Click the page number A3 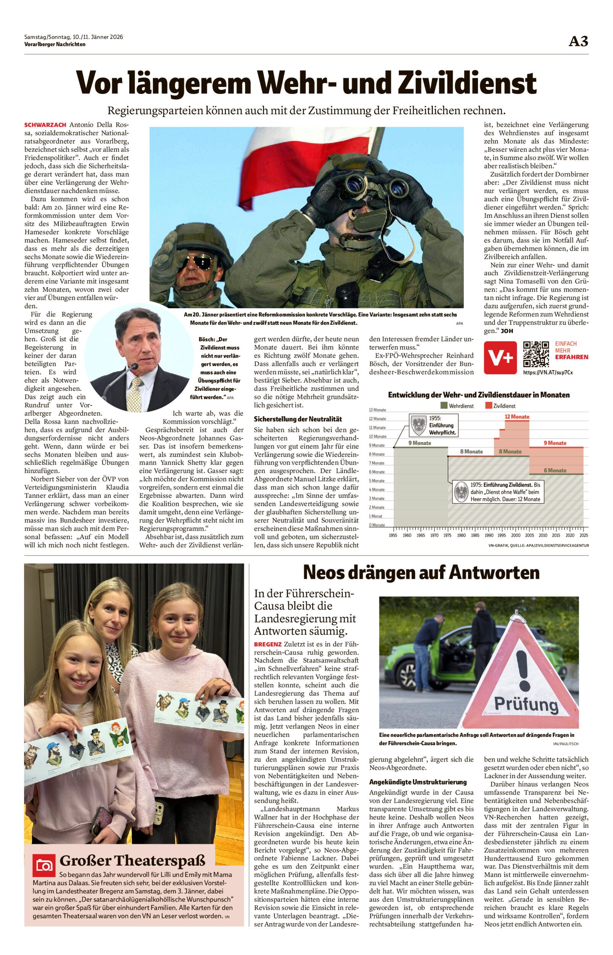tap(578, 41)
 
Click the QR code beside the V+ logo tap(536, 354)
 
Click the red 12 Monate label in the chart tap(517, 416)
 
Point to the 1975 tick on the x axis tap(447, 535)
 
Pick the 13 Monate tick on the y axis tap(377, 410)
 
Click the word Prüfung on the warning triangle tap(526, 704)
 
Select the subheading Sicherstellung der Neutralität tap(298, 419)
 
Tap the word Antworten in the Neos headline tap(494, 573)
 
